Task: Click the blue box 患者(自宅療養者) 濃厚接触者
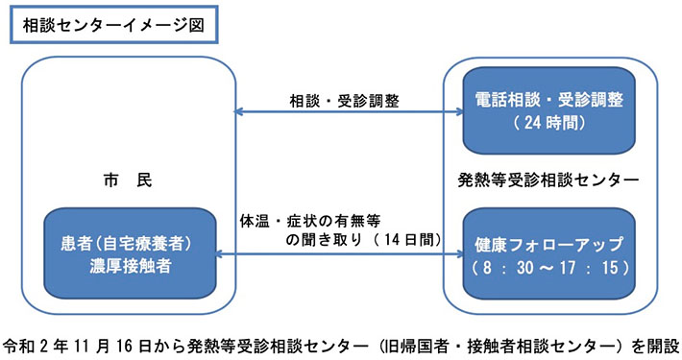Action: pos(129,253)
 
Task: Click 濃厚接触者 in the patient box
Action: pos(130,266)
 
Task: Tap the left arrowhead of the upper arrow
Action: pos(241,114)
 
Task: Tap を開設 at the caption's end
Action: pos(658,344)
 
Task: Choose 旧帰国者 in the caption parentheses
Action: pos(407,344)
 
